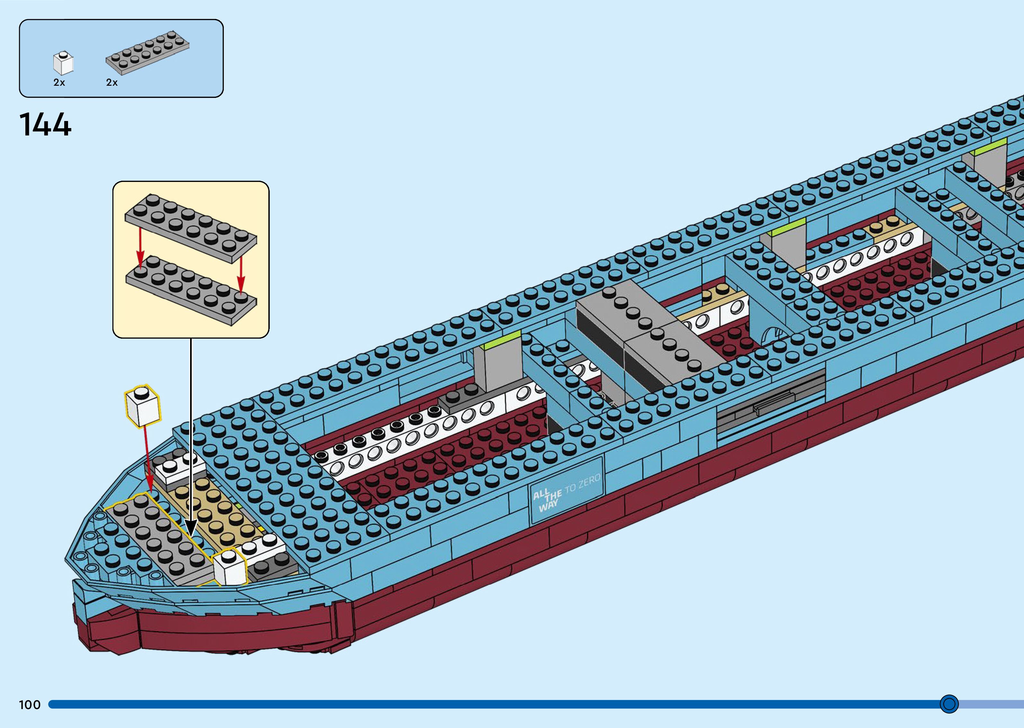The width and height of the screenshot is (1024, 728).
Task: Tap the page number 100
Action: point(30,705)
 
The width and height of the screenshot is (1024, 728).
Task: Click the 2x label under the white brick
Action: point(59,82)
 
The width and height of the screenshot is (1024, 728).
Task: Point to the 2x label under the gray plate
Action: point(112,82)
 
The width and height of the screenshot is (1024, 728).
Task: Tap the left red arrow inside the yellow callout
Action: point(140,249)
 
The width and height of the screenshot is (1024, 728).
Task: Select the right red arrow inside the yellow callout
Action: point(241,273)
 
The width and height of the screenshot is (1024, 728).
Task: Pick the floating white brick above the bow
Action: point(143,406)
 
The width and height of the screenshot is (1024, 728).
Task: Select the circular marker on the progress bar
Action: point(949,704)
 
